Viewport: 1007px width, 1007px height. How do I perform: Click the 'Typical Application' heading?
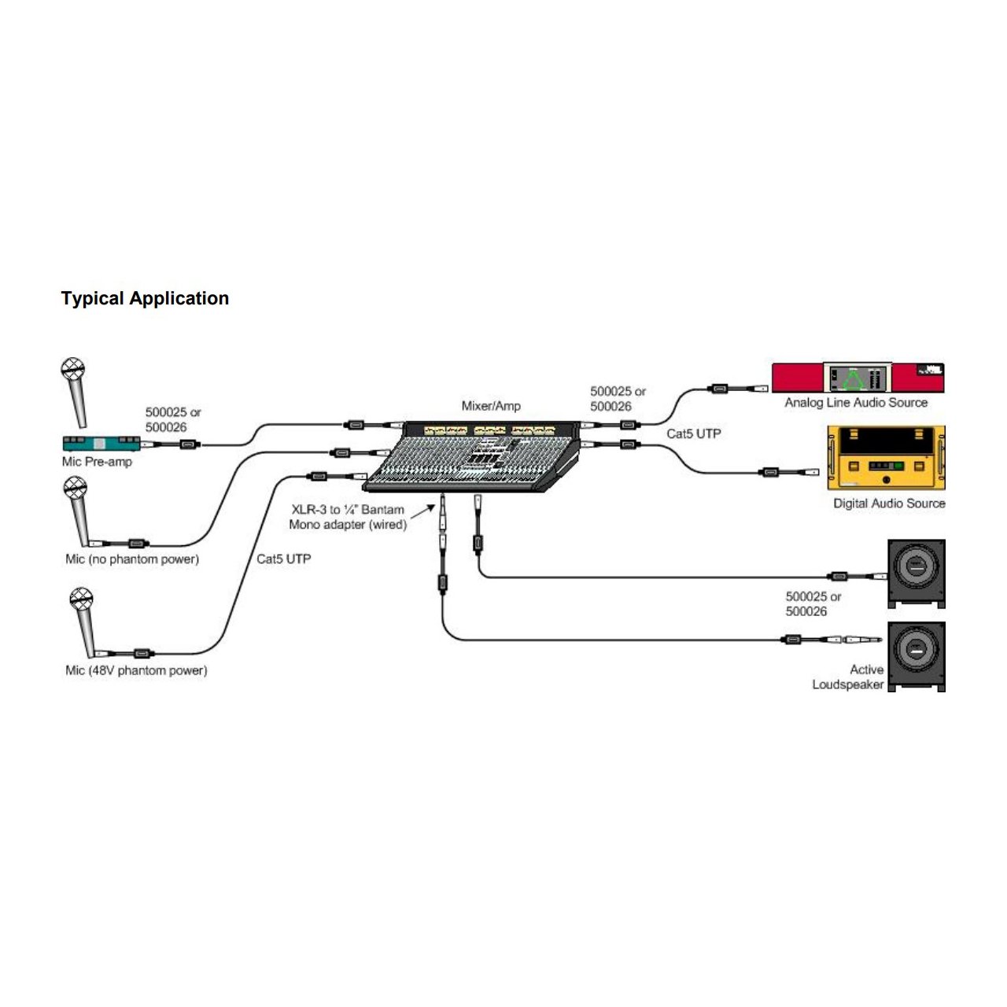click(x=145, y=298)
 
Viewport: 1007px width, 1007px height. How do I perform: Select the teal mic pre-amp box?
click(x=100, y=443)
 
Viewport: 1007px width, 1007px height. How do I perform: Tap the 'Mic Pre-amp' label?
click(x=97, y=462)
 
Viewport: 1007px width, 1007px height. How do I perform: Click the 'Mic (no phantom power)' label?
click(x=132, y=559)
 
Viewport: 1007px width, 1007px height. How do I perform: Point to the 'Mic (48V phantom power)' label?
click(x=136, y=670)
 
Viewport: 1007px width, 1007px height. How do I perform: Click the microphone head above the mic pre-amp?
click(x=72, y=368)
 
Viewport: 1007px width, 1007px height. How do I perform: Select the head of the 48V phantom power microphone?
click(x=81, y=599)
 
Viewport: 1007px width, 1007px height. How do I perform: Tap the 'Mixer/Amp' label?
click(x=491, y=406)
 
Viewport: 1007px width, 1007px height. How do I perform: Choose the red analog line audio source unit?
click(x=858, y=378)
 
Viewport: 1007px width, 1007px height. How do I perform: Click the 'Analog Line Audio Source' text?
click(x=856, y=403)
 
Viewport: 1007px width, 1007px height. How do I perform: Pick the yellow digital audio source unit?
click(x=886, y=458)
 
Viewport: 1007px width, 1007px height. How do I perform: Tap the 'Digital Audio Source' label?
click(x=889, y=503)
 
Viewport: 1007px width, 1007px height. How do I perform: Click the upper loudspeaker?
click(x=917, y=573)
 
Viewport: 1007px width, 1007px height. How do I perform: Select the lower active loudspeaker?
click(x=917, y=656)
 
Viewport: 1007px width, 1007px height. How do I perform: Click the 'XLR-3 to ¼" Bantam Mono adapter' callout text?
click(x=348, y=517)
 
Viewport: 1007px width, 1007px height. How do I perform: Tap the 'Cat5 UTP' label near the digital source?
click(x=694, y=433)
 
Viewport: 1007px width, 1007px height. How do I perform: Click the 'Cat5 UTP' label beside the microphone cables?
click(x=284, y=559)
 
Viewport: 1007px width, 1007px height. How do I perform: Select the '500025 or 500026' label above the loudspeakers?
click(x=813, y=604)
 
